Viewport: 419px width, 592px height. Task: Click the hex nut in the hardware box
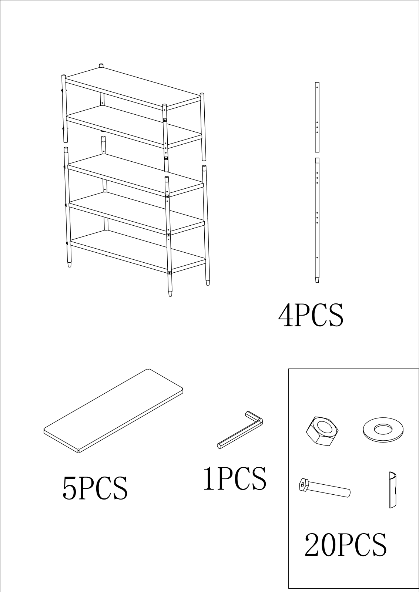click(322, 431)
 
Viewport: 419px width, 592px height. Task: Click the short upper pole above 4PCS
click(317, 117)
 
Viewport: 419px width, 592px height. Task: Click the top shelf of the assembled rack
click(133, 88)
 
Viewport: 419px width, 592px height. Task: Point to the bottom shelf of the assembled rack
click(138, 252)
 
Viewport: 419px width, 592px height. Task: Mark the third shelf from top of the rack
click(135, 175)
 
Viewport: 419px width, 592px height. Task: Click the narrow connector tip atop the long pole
click(317, 161)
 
